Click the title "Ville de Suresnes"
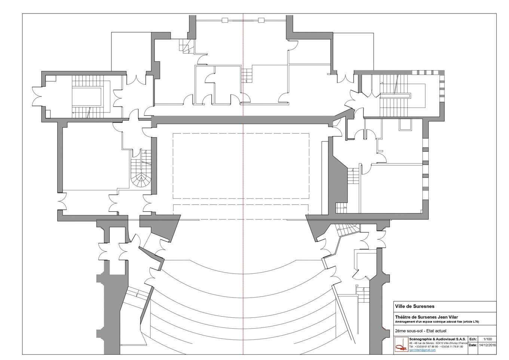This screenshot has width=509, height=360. click(x=415, y=307)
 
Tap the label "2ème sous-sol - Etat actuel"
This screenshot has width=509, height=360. click(x=421, y=331)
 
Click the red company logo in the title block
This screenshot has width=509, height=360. click(x=402, y=344)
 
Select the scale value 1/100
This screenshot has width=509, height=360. click(x=487, y=338)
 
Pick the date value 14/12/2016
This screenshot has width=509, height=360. click(x=487, y=345)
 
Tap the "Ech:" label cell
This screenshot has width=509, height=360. click(x=473, y=338)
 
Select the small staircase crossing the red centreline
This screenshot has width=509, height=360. click(x=247, y=76)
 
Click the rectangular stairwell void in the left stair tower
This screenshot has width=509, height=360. click(x=87, y=96)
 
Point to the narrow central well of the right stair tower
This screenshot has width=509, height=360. click(x=395, y=95)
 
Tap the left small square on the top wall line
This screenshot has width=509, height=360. click(x=225, y=20)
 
